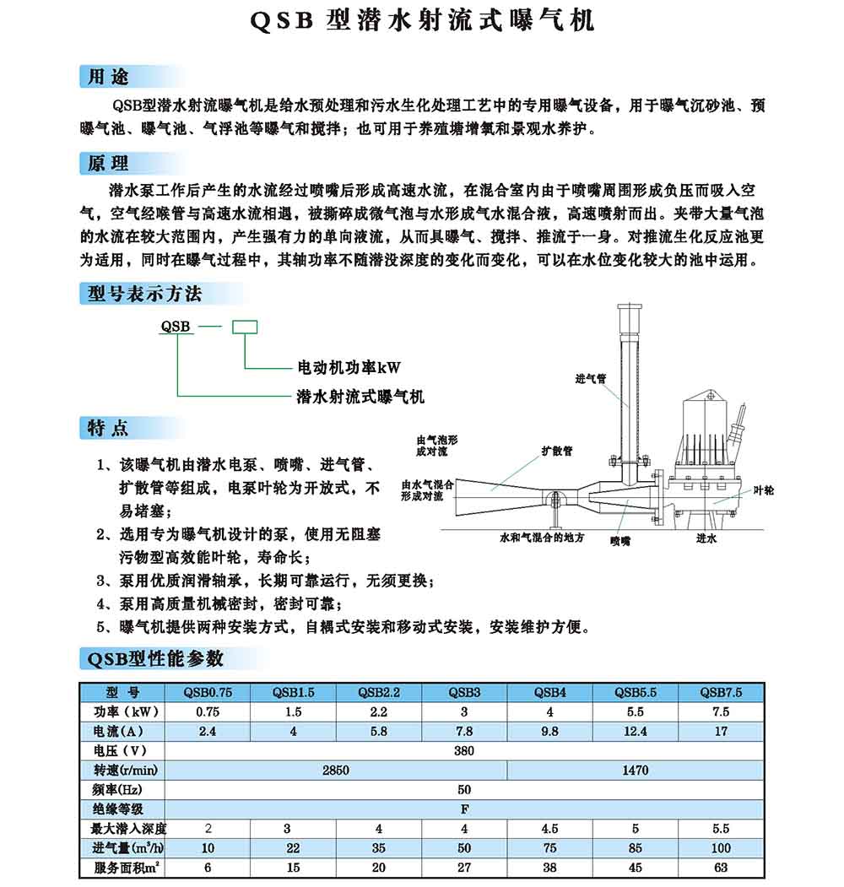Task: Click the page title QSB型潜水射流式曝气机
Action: pos(423,21)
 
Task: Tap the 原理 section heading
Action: pos(109,163)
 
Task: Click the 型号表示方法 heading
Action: pos(145,294)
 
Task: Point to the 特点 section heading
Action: pos(109,428)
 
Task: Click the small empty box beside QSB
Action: pos(245,326)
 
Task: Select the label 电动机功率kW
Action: pos(349,368)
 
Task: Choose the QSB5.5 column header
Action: pos(635,693)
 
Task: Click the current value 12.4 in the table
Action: pos(635,731)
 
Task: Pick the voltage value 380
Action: pos(464,750)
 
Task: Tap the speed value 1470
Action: pos(635,770)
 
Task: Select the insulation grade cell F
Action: pos(464,809)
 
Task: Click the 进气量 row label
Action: pos(129,847)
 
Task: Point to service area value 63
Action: pos(721,867)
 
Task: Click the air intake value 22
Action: pos(293,847)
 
